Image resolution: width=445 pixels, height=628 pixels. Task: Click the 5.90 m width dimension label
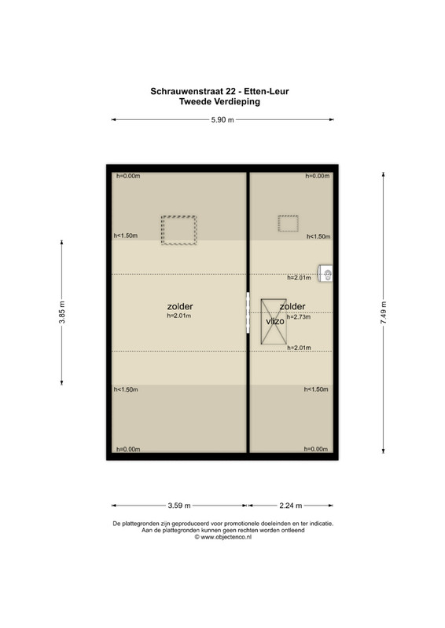[x=222, y=120]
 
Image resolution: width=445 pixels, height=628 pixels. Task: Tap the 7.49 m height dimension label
[x=384, y=312]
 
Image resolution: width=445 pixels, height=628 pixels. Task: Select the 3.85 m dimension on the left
[x=62, y=312]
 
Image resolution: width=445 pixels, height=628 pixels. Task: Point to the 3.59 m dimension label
[x=179, y=506]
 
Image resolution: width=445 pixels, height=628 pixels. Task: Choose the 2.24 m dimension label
[x=291, y=506]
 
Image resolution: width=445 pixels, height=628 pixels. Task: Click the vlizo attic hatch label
[x=275, y=321]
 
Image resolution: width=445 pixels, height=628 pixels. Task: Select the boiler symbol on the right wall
[x=325, y=273]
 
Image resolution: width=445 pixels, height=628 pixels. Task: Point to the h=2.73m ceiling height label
[x=299, y=317]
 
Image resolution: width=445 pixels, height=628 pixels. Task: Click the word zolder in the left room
[x=180, y=306]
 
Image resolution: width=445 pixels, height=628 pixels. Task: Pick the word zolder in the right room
[x=292, y=306]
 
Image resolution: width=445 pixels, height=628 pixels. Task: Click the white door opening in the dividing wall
[x=248, y=312]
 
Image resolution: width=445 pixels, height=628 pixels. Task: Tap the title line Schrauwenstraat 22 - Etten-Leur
[x=219, y=91]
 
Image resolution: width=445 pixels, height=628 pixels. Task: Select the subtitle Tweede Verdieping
[x=219, y=102]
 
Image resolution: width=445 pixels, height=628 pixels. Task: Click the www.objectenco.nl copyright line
[x=223, y=538]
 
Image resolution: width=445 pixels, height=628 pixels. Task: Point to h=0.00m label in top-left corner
[x=128, y=176]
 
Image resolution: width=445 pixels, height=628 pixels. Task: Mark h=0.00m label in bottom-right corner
[x=316, y=449]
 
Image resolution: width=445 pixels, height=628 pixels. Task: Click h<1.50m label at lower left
[x=126, y=389]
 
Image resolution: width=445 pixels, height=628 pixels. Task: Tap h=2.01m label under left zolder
[x=179, y=316]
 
